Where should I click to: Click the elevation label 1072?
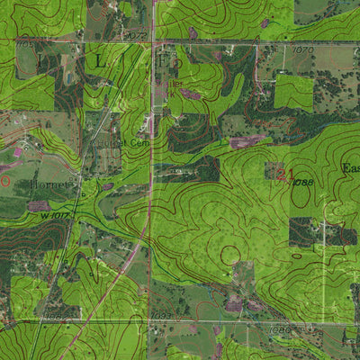click(137, 36)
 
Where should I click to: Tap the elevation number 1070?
click(302, 49)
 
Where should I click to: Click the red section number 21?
click(284, 174)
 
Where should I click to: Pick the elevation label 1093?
click(161, 316)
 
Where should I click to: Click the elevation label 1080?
click(281, 329)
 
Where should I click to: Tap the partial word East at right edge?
click(350, 167)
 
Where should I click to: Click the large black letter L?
click(97, 60)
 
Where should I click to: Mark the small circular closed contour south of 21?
click(230, 255)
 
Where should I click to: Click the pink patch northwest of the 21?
click(245, 141)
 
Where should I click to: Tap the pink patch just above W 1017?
click(38, 205)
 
